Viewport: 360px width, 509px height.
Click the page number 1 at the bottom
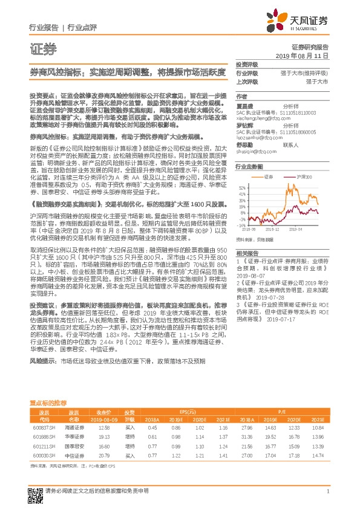(x=327, y=491)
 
